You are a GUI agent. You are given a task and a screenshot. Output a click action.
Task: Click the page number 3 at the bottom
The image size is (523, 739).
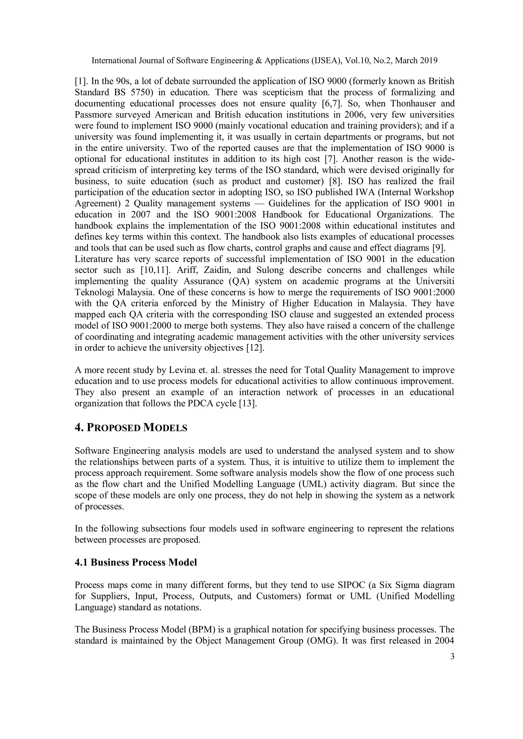pos(452,657)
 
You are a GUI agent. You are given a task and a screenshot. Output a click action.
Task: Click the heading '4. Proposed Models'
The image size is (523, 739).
pos(131,428)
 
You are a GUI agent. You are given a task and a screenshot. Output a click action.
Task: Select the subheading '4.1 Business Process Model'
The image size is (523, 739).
pos(136,562)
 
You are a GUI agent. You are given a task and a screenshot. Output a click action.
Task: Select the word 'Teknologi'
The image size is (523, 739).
pos(95,293)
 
